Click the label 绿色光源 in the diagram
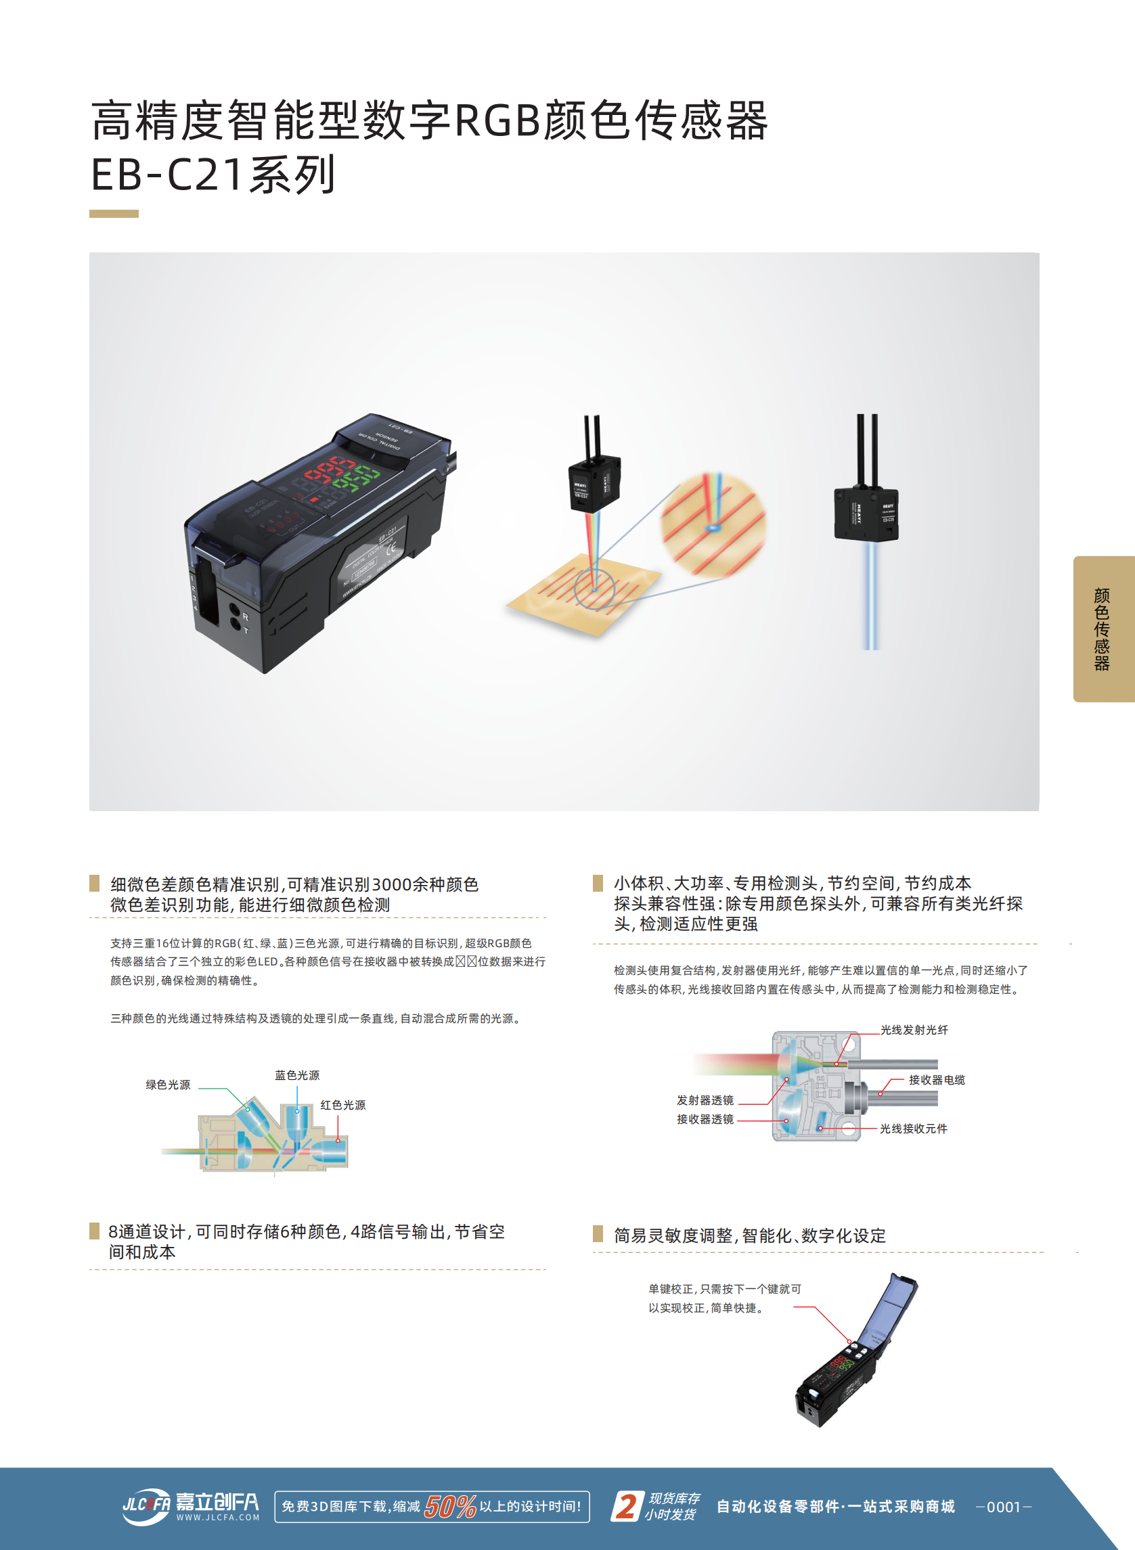168,1085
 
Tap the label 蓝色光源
297,1075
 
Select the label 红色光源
343,1105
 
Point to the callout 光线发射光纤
914,1030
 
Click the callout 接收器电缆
937,1080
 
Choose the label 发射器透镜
705,1100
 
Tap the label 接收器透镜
705,1119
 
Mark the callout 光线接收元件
913,1129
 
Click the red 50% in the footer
450,1507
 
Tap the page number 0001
1003,1507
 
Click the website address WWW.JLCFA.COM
218,1518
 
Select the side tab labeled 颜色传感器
1102,629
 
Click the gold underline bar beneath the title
114,214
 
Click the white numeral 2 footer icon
627,1506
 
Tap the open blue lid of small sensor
891,1308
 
